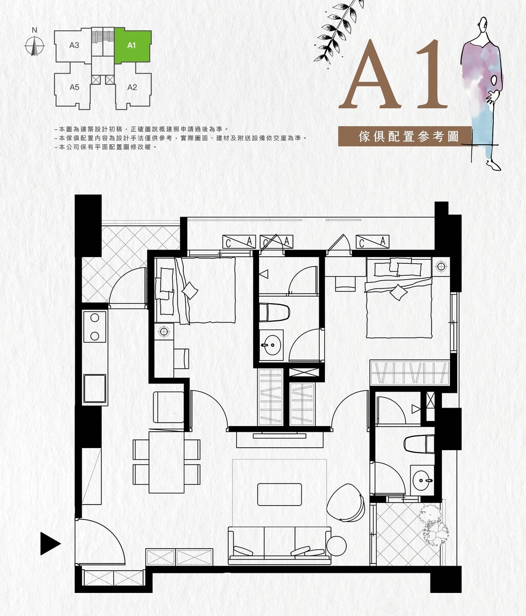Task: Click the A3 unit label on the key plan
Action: coord(74,45)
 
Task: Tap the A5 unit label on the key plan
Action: coord(74,87)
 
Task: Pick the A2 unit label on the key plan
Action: coord(132,87)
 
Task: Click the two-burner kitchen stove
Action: coord(95,326)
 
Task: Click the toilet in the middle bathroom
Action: coord(275,312)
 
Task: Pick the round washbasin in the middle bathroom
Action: coord(272,345)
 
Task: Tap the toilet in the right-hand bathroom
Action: coord(419,444)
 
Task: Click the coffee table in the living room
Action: coord(279,494)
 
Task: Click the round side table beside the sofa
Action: coord(336,546)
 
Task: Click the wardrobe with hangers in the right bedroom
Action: coord(410,373)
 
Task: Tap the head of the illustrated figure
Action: coord(483,24)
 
